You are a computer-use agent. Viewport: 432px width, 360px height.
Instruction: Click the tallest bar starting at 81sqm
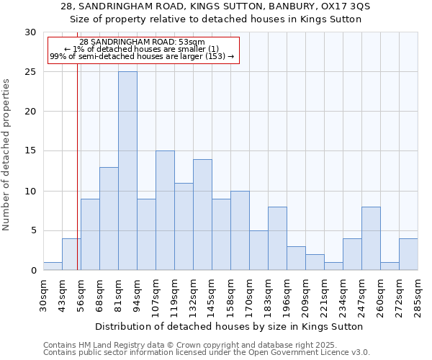tap(127, 171)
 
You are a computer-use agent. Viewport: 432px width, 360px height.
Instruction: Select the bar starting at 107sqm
tap(165, 210)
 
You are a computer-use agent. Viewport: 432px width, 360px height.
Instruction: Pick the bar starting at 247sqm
tap(371, 238)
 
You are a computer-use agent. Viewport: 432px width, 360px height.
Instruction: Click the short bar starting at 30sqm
tap(53, 266)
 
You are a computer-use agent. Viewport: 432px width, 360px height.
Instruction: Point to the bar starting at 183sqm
tap(277, 238)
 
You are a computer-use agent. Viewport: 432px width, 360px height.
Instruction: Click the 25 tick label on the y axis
tap(31, 72)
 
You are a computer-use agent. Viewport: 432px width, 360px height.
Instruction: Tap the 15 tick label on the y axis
tap(31, 151)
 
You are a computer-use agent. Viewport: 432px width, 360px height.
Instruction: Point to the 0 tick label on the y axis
tap(33, 271)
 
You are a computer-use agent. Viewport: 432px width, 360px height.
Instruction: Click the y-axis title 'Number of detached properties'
tap(7, 155)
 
